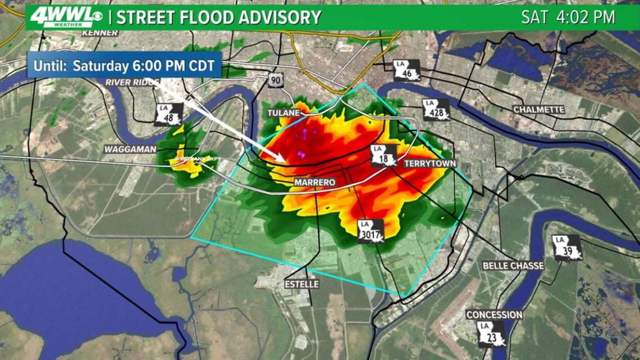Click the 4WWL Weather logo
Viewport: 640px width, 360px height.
(x=63, y=17)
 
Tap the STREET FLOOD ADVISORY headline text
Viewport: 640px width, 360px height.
(x=219, y=17)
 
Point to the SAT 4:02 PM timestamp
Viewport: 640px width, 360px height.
(x=568, y=17)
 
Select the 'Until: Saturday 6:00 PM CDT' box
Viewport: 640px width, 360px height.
(x=125, y=65)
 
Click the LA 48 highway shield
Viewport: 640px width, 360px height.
(x=169, y=115)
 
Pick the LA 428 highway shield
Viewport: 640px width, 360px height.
(x=436, y=110)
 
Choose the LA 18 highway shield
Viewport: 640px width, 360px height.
(x=384, y=155)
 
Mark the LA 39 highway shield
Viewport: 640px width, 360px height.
(x=566, y=248)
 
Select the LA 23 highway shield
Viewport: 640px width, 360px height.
(x=491, y=334)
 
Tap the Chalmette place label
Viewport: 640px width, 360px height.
(x=538, y=110)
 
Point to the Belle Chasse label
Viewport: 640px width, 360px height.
(x=513, y=266)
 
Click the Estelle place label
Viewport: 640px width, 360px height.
(x=301, y=284)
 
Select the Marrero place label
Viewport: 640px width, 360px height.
(x=315, y=183)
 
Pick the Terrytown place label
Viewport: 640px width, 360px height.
(x=431, y=163)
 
